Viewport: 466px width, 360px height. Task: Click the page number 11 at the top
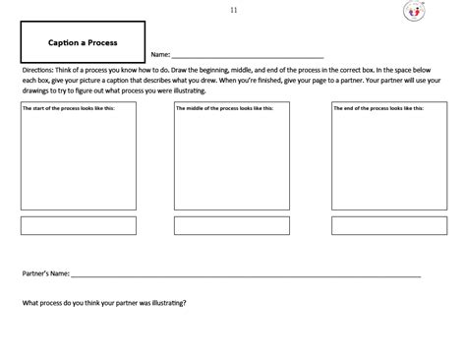coord(233,10)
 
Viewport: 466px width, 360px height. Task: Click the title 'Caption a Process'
coord(83,42)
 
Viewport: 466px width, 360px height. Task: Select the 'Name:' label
coord(160,56)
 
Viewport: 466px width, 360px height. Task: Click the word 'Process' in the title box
coord(102,42)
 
